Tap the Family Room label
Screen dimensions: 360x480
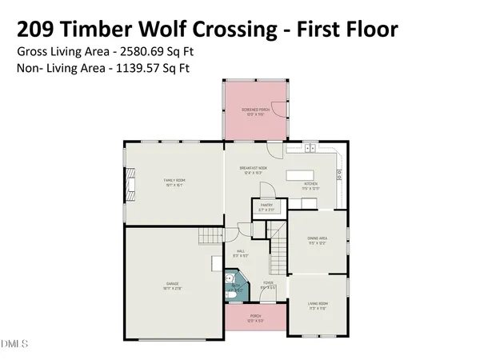174,181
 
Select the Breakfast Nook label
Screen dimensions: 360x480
254,168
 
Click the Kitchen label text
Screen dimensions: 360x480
310,185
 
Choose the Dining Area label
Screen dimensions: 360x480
317,238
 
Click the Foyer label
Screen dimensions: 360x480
268,282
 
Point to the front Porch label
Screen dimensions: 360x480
255,316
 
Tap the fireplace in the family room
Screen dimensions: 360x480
128,180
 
